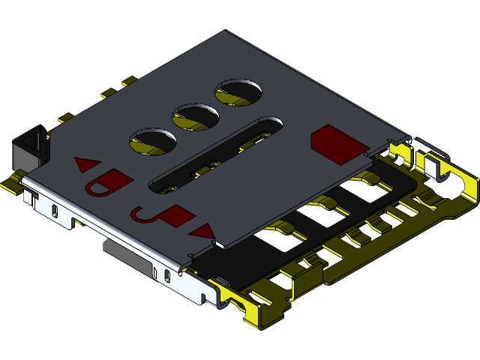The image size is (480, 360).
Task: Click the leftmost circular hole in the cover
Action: pyautogui.click(x=153, y=141)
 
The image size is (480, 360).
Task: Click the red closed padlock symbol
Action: pyautogui.click(x=109, y=182)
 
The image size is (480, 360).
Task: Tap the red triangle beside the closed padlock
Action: pyautogui.click(x=88, y=163)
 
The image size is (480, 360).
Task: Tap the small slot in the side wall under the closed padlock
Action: pyautogui.click(x=55, y=211)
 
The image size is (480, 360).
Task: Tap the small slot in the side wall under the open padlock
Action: pyautogui.click(x=165, y=276)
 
